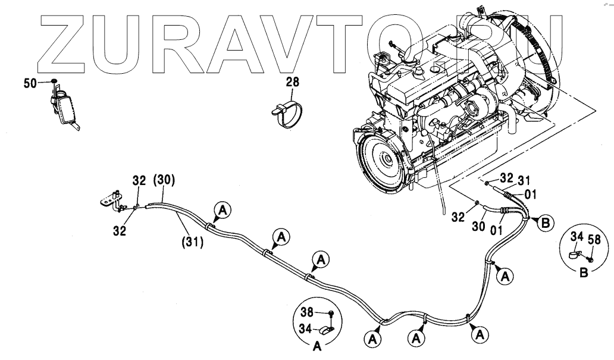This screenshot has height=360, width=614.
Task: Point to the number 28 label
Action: coord(292,81)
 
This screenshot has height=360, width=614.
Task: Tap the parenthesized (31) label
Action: coord(192,242)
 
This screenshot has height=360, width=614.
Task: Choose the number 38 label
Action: coord(307,312)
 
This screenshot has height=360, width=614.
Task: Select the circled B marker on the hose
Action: coord(544,223)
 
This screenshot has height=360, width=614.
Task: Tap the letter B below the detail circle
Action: coord(584,274)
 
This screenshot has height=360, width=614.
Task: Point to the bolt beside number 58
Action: coord(590,259)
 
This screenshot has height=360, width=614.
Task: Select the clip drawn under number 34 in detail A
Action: coord(327,330)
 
